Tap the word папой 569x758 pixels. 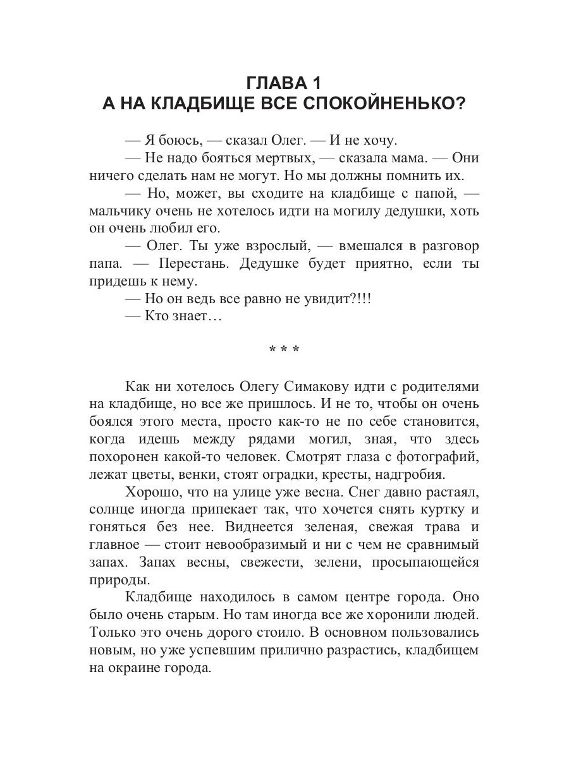[x=440, y=193]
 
